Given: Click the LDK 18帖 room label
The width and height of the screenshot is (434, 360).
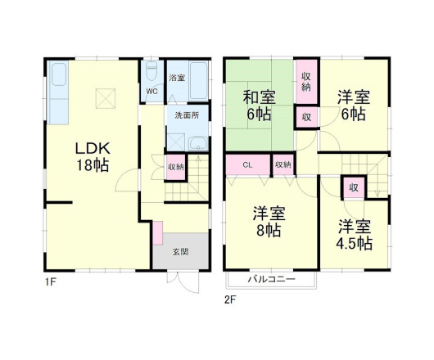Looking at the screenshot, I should pos(93,156).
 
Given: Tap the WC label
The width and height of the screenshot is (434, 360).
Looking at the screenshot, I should pos(151,91).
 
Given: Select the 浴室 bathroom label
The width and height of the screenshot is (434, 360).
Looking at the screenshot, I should pos(177,78).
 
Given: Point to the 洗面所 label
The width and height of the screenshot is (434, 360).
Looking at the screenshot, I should pos(182,115).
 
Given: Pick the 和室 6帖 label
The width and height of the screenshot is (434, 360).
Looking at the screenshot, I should pos(258,106).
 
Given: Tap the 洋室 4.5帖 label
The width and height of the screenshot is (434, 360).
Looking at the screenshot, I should pos(355,234).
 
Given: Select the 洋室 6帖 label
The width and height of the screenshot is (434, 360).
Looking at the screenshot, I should pos(352,106).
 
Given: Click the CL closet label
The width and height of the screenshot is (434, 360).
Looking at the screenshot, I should pos(247,164).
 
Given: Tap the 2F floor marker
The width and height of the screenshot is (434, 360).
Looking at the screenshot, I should pos(231,298).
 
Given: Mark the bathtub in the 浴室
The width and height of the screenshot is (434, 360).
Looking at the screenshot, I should pos(200,79).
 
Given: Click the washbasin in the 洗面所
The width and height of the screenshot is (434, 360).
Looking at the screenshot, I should pos(197,145).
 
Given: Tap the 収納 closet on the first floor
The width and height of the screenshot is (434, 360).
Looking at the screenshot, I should pos(176,167).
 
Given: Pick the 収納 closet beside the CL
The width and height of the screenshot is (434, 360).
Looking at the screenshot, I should pos(283,164).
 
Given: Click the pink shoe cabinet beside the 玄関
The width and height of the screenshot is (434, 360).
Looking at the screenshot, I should pos(157,232).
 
